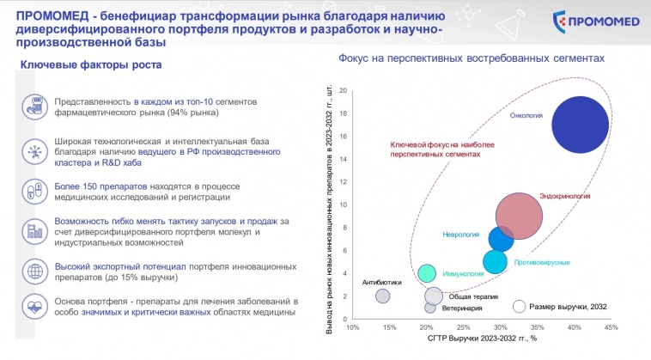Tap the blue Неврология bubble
click(501, 239)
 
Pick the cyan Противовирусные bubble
click(496, 262)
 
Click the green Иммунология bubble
click(427, 274)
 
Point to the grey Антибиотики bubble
click(383, 296)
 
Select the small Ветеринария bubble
click(430, 308)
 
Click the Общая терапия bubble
click(434, 296)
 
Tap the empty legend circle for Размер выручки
click(519, 307)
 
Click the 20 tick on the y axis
click(343, 91)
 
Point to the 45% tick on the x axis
click(611, 327)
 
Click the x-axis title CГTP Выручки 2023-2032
click(482, 339)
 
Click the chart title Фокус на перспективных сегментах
click(472, 58)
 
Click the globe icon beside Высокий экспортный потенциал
click(34, 271)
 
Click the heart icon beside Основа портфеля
click(34, 307)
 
